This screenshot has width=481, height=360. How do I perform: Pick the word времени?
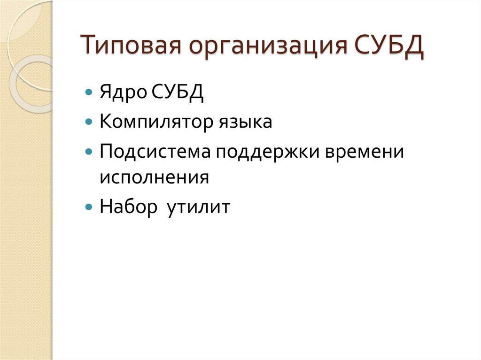pyautogui.click(x=364, y=153)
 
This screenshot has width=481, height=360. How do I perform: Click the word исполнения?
pyautogui.click(x=154, y=178)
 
